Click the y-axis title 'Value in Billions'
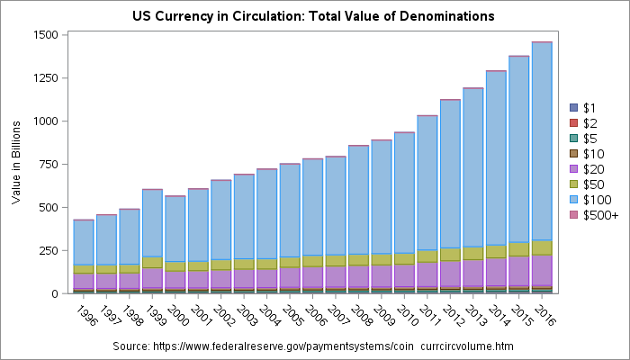coord(15,164)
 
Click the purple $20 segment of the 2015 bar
coord(519,270)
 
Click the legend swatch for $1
coord(576,107)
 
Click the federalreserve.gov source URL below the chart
coord(326,346)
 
